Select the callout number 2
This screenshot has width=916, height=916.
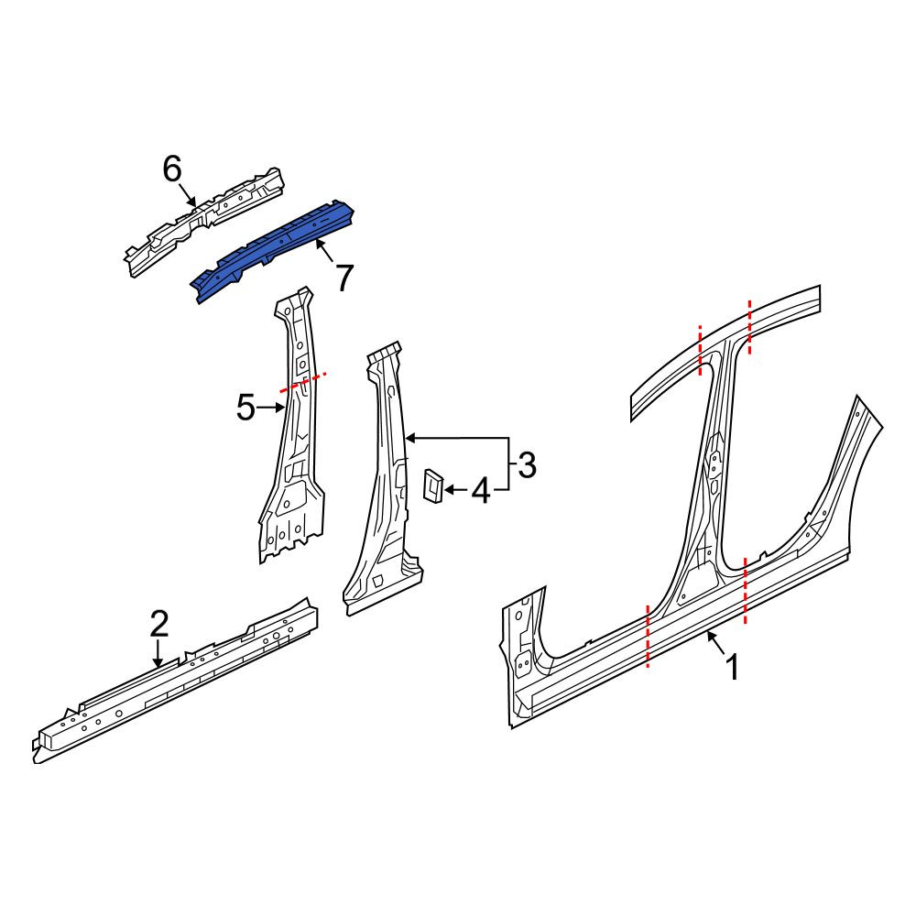(158, 623)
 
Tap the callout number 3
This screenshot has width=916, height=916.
(527, 465)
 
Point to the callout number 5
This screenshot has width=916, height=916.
(245, 408)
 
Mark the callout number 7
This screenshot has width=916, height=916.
(344, 278)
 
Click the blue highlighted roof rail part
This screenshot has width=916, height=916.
(273, 251)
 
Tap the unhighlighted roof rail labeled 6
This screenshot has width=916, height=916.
(204, 221)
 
